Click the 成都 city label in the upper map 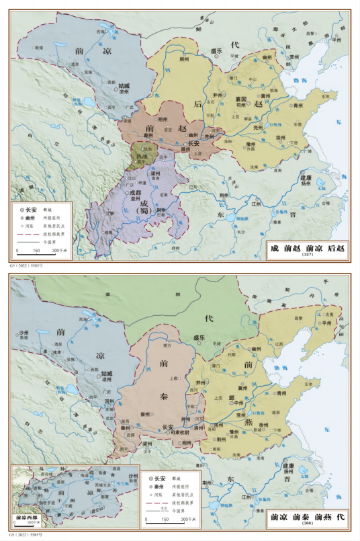[x=136, y=192]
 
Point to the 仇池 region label [x=142, y=157]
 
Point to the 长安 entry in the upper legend [x=32, y=210]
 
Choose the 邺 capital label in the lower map [x=233, y=398]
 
